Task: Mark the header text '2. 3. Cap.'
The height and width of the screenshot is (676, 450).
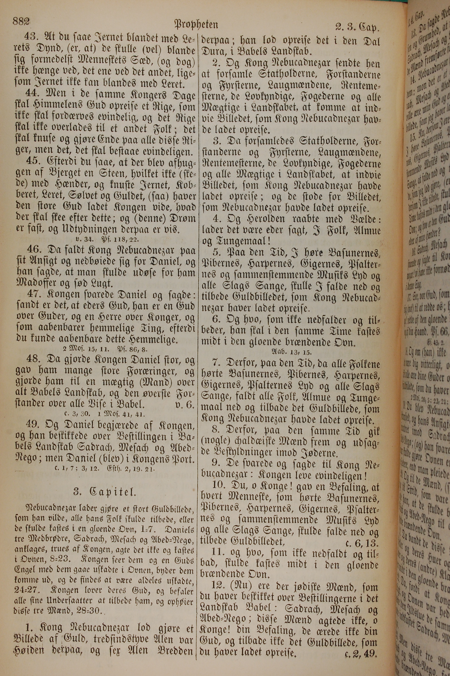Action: [x=357, y=27]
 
